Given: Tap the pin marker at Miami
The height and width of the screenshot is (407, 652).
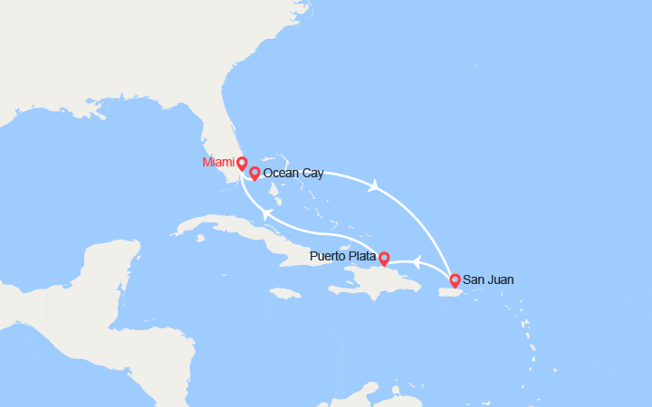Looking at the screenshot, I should coord(242,164).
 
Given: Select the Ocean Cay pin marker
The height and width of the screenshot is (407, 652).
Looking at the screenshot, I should coord(254,173).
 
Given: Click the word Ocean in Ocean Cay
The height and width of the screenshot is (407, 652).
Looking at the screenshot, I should coord(281,172).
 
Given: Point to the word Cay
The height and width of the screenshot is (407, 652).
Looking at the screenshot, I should coord(312,172).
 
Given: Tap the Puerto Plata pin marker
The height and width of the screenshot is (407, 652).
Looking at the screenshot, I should coord(383,259).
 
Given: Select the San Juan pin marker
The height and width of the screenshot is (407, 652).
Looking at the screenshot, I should coord(455,280).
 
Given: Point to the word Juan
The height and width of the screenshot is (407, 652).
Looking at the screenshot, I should coord(500,280).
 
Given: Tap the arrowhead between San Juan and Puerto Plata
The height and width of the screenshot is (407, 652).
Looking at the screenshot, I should coord(417,262).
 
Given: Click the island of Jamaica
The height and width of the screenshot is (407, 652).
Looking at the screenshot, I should coord(284,294).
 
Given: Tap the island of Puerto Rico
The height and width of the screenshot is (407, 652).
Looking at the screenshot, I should coord(450,290).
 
